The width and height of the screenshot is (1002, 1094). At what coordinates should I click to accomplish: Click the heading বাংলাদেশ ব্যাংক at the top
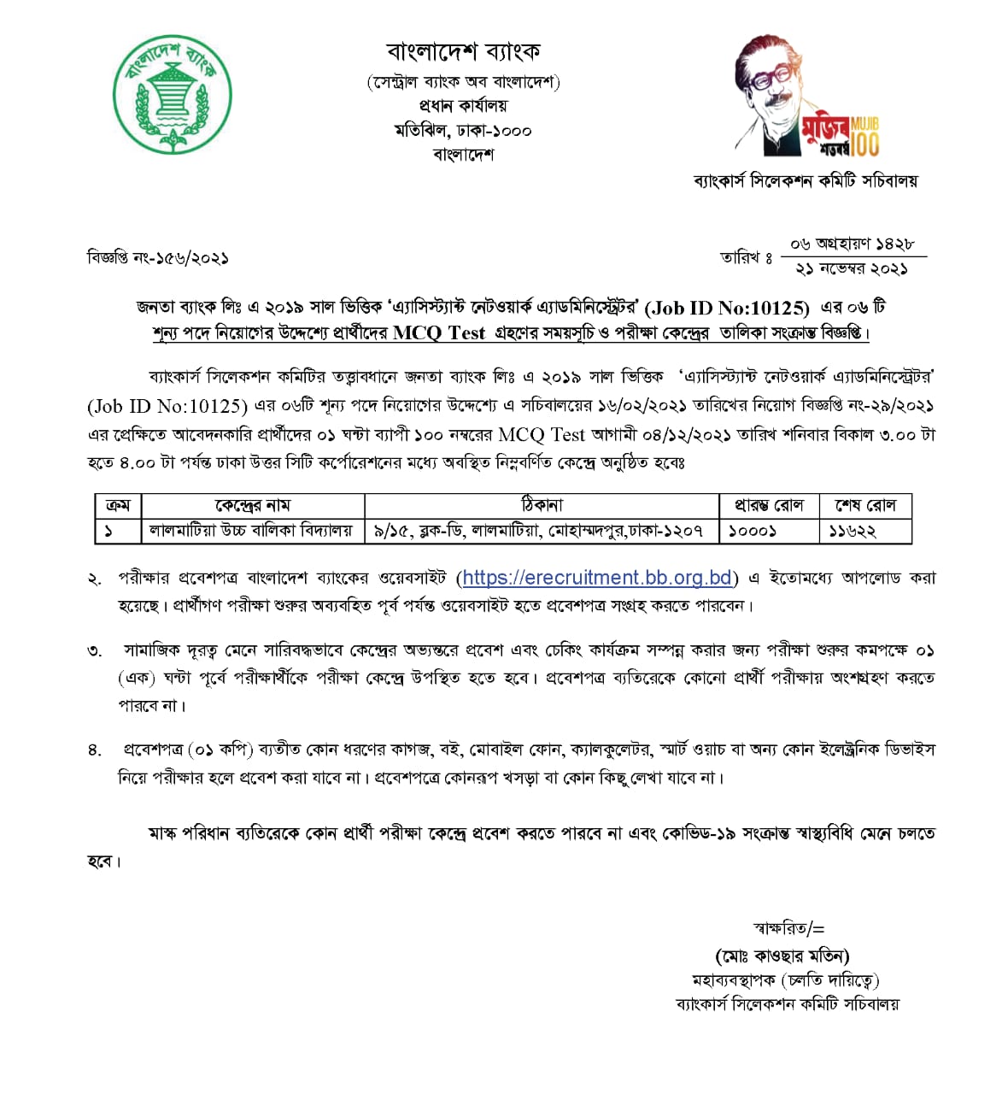463,52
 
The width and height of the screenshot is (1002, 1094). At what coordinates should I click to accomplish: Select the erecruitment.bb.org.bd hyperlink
597,578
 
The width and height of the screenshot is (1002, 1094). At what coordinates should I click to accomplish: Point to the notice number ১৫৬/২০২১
192,257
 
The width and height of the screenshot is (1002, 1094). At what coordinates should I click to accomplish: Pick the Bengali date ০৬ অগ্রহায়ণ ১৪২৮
852,244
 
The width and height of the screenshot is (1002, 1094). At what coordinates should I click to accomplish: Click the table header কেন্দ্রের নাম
252,505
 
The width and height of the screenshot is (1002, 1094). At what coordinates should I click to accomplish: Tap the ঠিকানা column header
541,505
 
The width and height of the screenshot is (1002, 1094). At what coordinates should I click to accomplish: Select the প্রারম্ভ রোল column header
768,505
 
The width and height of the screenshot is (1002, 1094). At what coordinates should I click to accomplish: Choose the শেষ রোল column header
865,505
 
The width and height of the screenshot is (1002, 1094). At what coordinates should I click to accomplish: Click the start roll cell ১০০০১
752,531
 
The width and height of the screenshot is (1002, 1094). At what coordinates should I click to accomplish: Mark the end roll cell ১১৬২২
853,531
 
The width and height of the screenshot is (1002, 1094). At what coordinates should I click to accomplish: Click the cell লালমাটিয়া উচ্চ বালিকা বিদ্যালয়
251,531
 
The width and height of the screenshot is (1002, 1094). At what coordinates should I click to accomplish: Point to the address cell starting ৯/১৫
539,531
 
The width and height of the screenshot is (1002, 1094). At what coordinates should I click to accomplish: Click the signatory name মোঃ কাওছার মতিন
782,956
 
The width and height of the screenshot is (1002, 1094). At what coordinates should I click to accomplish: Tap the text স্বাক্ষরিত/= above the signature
788,929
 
